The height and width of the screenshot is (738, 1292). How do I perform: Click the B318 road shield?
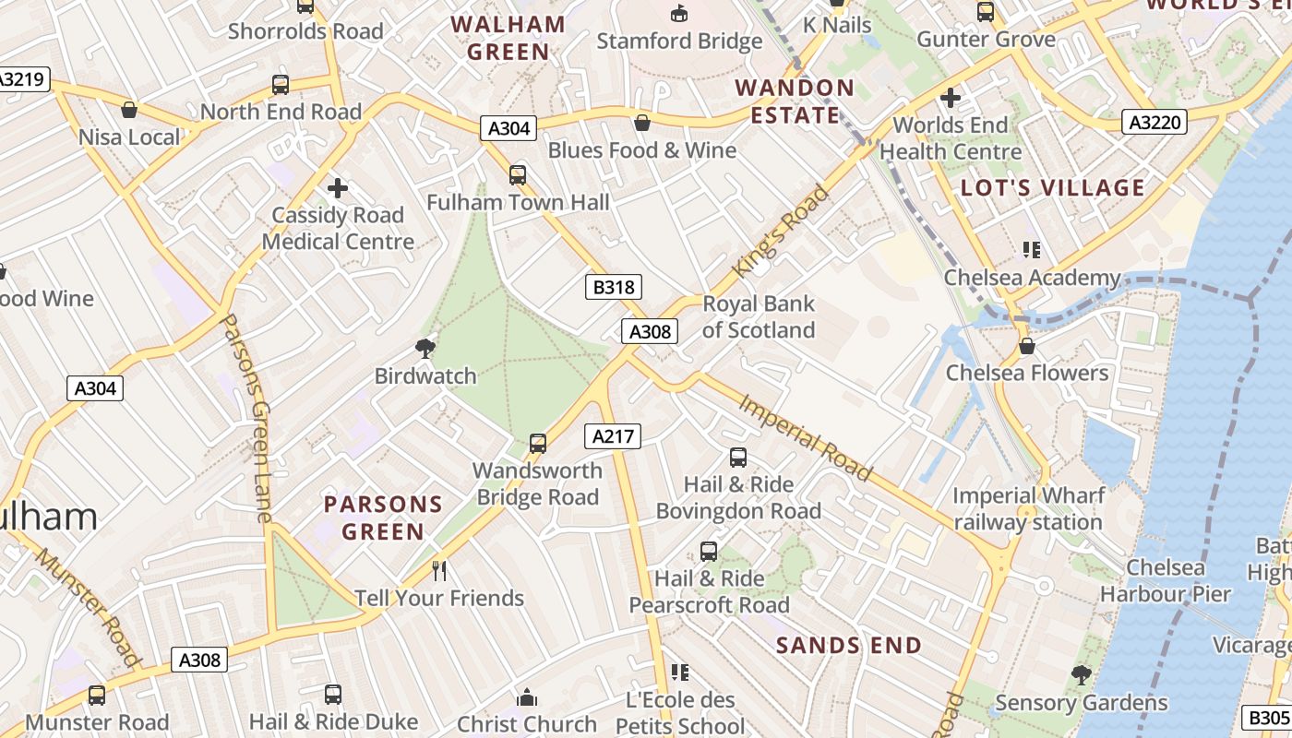tap(613, 287)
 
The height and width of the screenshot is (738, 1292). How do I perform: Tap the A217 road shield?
tap(613, 436)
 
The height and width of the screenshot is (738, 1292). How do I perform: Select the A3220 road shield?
tap(1154, 122)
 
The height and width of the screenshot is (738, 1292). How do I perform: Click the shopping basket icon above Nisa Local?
tap(129, 110)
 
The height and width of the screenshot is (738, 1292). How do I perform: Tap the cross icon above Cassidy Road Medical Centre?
tap(338, 188)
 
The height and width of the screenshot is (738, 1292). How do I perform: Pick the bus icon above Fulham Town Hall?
tap(518, 174)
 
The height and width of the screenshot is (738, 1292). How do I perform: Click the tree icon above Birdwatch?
tap(425, 348)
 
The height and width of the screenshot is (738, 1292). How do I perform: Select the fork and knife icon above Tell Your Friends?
tap(439, 571)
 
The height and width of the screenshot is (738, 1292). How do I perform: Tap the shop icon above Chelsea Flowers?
tap(1026, 346)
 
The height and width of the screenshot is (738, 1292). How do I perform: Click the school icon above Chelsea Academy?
tap(1032, 249)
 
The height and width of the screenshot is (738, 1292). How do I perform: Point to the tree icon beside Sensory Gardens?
tap(1081, 675)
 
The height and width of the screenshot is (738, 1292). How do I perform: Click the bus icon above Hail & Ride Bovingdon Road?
tap(738, 457)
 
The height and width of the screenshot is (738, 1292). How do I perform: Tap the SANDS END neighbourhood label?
tap(848, 645)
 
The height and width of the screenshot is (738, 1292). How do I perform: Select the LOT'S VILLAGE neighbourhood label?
tap(1052, 188)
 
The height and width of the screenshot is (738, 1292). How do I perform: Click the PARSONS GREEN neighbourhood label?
tap(383, 518)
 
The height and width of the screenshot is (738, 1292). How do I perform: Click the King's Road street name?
tap(781, 231)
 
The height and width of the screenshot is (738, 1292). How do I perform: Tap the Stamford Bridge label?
tap(679, 41)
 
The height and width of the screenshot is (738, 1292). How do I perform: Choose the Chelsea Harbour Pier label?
tap(1166, 580)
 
